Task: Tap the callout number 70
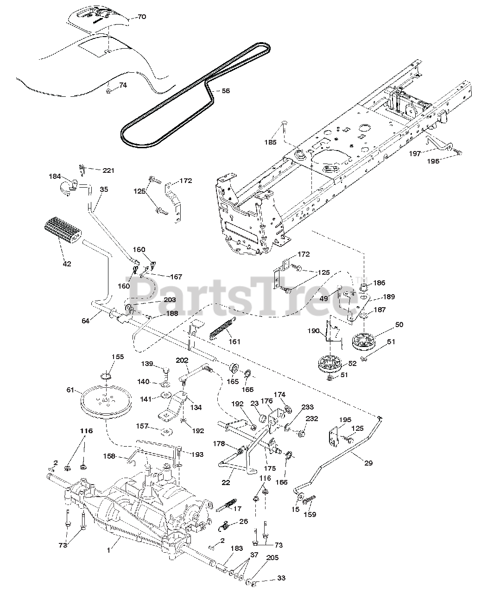point(141,17)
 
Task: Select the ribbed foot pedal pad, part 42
point(62,232)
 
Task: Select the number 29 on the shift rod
point(368,463)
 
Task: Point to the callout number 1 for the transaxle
point(109,550)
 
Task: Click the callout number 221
point(108,170)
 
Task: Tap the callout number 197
point(415,153)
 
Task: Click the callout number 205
point(272,558)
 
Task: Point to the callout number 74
point(122,85)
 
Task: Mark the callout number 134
point(196,407)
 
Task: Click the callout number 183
point(236,548)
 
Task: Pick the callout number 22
point(226,482)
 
